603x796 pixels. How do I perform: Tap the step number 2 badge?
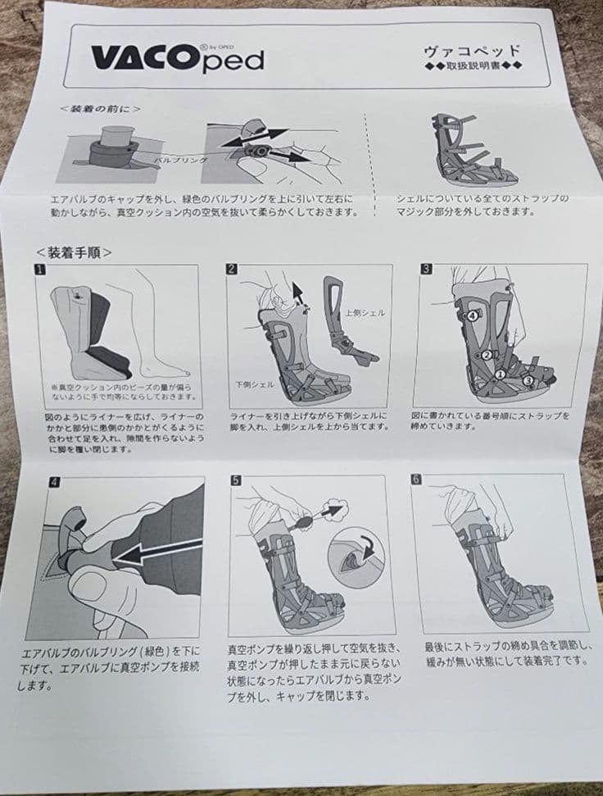233,269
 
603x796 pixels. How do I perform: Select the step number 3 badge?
426,268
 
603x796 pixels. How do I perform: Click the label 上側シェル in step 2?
363,313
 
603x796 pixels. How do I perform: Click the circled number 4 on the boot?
473,315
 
